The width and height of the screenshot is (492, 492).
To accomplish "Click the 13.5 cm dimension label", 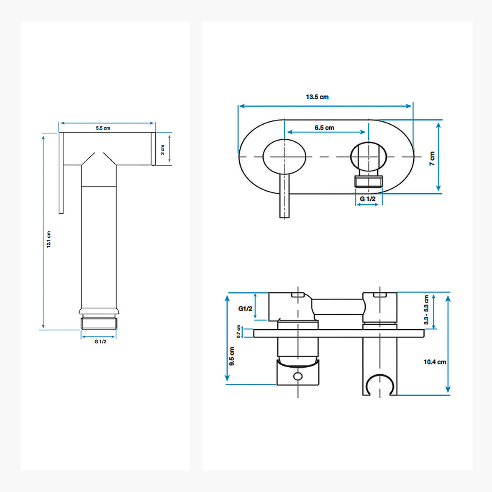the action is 317,97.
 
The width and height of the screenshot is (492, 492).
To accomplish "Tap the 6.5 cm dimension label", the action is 324,128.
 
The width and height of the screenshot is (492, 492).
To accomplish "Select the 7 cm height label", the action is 432,158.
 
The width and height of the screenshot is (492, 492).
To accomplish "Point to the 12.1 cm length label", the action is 49,239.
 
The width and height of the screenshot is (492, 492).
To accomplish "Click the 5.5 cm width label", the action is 103,128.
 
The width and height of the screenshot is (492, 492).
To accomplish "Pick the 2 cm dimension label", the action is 162,150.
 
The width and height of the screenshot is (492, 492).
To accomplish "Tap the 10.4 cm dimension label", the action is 435,362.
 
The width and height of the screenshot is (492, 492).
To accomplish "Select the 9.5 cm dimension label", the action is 232,356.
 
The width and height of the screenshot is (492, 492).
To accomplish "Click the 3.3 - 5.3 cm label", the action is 426,310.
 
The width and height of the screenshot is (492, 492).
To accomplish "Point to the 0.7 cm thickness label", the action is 238,331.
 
